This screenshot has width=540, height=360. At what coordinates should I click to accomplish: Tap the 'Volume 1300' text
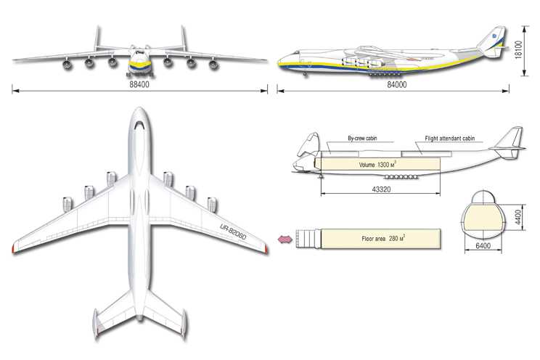point(377,165)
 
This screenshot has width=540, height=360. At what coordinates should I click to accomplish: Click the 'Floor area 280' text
point(382,238)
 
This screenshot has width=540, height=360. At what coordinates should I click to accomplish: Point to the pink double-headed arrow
point(284,238)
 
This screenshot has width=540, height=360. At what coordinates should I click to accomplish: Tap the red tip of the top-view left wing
point(14,249)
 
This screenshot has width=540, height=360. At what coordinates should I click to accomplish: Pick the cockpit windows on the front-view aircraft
point(140,54)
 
